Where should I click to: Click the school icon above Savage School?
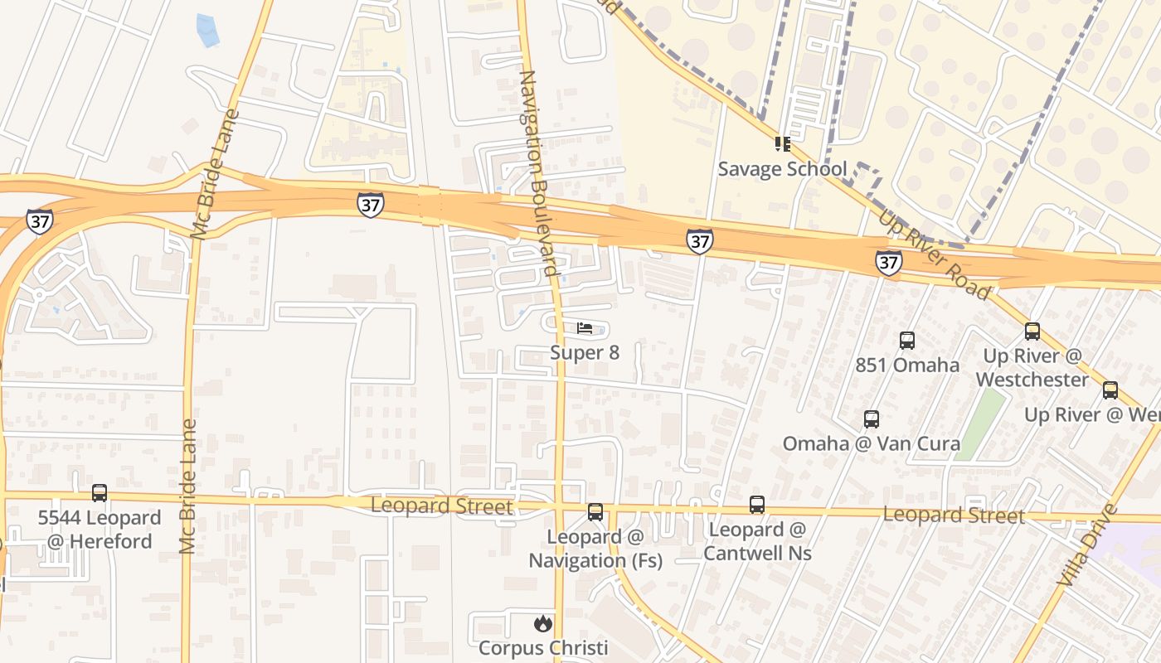tap(782, 145)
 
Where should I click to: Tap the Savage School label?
tap(782, 169)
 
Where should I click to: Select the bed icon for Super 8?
tap(585, 329)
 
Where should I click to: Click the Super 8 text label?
tap(585, 353)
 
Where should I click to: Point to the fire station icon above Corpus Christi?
tap(542, 623)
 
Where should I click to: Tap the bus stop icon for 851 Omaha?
tap(907, 340)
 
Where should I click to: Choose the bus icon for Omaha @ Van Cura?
tap(871, 419)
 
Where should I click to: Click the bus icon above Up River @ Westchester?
tap(1032, 331)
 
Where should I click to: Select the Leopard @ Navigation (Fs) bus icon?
tap(595, 512)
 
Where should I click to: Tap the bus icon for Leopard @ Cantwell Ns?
tap(757, 504)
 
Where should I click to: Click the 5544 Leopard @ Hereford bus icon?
tap(100, 493)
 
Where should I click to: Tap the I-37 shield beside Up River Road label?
tap(888, 264)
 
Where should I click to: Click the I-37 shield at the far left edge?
tap(39, 221)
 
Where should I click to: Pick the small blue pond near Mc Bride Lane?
tap(206, 31)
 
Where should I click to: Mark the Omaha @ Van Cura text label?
tap(872, 443)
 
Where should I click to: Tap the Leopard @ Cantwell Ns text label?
tap(758, 541)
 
